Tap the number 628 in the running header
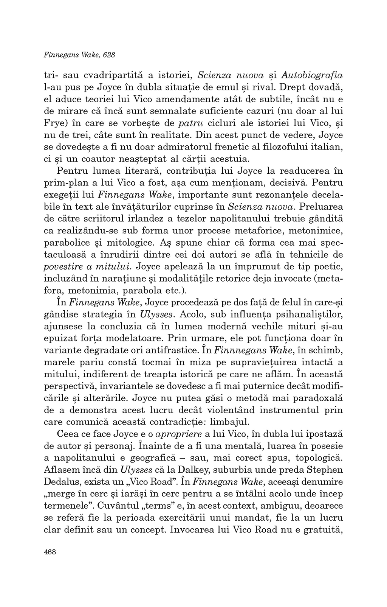108,54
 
